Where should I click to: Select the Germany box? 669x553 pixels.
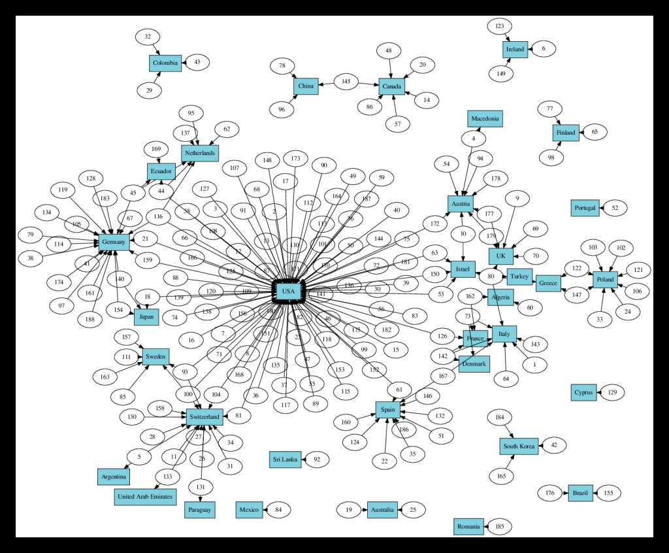(x=114, y=243)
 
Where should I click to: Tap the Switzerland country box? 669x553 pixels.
(x=204, y=416)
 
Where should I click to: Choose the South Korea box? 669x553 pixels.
(x=519, y=447)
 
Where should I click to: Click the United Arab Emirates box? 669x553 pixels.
(x=145, y=497)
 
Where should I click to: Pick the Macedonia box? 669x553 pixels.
(x=485, y=118)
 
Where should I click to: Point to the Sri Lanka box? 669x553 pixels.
(x=286, y=460)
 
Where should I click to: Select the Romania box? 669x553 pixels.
(x=469, y=526)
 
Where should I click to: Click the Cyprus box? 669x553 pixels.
(x=583, y=393)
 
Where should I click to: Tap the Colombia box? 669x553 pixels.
(x=165, y=63)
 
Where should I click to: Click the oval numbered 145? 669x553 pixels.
(x=346, y=82)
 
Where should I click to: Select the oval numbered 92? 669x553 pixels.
(x=318, y=460)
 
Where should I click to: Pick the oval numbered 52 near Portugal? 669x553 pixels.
(x=615, y=208)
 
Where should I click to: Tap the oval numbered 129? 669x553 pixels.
(x=612, y=393)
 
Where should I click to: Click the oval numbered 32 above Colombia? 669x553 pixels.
(x=148, y=37)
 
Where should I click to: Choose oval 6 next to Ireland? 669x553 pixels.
(x=544, y=49)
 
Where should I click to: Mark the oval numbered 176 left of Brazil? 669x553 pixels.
(x=550, y=493)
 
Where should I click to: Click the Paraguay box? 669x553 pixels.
(x=199, y=509)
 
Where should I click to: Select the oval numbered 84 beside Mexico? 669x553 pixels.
(x=278, y=509)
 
